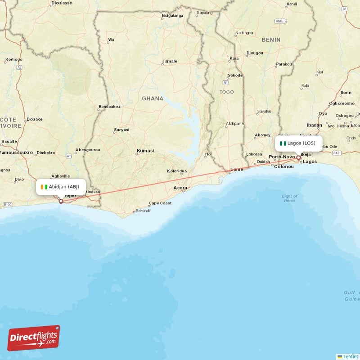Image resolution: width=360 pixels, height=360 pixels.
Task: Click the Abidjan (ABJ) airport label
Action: tap(60, 187)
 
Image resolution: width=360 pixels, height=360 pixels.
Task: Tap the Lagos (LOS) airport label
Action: tap(299, 144)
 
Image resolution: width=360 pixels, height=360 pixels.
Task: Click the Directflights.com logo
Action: tap(34, 338)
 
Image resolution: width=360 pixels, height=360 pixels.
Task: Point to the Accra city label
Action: tap(180, 188)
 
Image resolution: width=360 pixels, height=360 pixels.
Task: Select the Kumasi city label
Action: tap(145, 151)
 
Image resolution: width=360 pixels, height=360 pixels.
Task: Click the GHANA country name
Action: tap(153, 99)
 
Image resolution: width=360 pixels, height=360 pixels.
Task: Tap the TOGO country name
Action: tap(227, 92)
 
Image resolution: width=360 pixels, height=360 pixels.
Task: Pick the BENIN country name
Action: tap(271, 40)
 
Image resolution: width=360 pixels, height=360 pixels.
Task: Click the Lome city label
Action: tap(237, 170)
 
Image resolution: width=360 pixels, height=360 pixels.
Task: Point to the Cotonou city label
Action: tap(284, 166)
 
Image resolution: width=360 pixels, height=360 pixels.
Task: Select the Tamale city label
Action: tap(170, 61)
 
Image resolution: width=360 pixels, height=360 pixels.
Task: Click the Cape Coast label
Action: tap(160, 203)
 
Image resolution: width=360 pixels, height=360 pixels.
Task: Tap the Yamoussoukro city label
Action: tap(16, 153)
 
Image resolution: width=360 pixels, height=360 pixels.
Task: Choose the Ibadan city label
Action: tap(315, 125)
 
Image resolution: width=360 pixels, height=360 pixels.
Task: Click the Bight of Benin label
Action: tap(289, 198)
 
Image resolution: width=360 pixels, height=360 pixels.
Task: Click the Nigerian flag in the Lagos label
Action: tap(283, 144)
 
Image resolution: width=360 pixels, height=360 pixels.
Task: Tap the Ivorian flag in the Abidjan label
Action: tap(43, 187)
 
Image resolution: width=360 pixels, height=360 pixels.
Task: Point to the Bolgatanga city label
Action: tap(173, 16)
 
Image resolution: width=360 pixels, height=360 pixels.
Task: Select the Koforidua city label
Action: tap(177, 171)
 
